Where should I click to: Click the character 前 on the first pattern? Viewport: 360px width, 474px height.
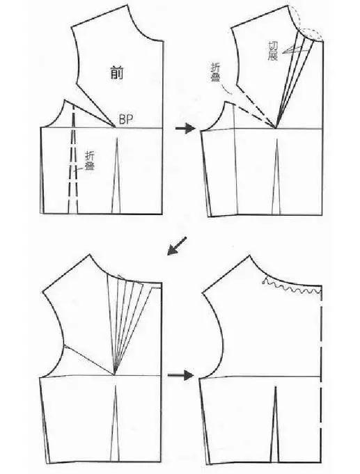(x=117, y=73)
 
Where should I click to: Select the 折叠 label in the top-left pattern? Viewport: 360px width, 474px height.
(x=90, y=161)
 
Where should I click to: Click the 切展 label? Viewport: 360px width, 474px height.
(x=273, y=51)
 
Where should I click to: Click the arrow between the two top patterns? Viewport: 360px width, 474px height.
(x=185, y=128)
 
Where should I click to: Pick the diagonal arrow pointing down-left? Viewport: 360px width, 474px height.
(x=177, y=246)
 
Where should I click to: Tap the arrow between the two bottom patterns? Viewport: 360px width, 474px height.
(x=180, y=375)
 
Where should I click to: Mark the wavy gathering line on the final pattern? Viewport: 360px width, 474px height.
(x=292, y=287)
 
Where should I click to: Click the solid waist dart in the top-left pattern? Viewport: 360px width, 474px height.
(x=116, y=175)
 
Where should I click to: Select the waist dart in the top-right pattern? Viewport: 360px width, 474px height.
(x=276, y=177)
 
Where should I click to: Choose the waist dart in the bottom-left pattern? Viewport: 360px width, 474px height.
(x=115, y=422)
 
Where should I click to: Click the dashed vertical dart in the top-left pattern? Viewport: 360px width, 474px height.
(x=73, y=159)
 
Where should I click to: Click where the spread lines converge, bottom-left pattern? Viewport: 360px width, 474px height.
(x=115, y=375)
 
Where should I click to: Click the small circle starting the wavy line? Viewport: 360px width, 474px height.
(x=264, y=282)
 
